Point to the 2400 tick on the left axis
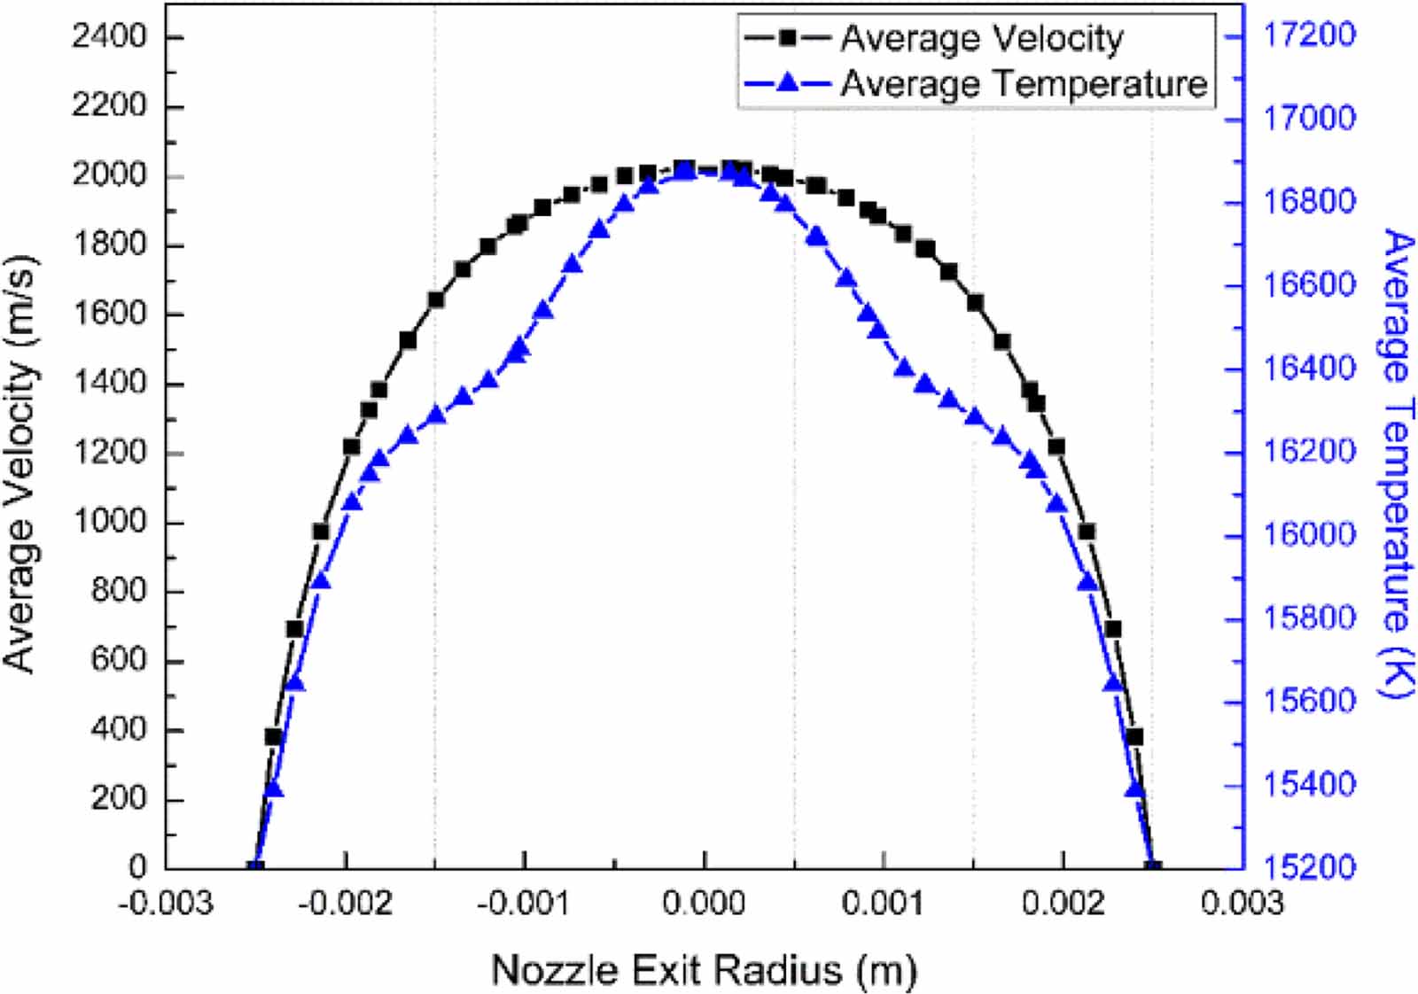point(108,36)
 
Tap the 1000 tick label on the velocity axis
point(108,521)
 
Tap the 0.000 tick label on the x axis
point(705,904)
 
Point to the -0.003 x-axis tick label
point(166,904)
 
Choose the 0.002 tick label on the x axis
point(1063,904)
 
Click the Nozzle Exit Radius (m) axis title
point(704,969)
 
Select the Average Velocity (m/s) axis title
point(21,464)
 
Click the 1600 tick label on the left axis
point(108,314)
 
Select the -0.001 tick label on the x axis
point(524,904)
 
